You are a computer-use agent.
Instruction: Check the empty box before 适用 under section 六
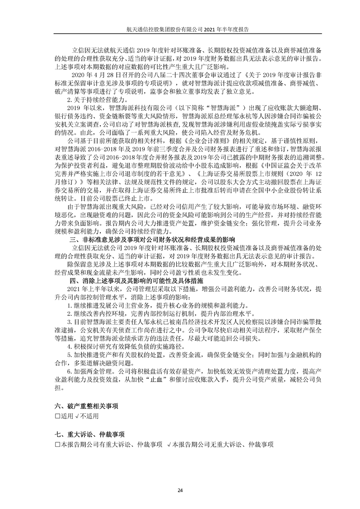(x=57, y=416)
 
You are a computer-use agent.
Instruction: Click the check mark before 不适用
(x=78, y=416)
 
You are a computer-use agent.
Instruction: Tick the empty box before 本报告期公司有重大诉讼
(x=57, y=444)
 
